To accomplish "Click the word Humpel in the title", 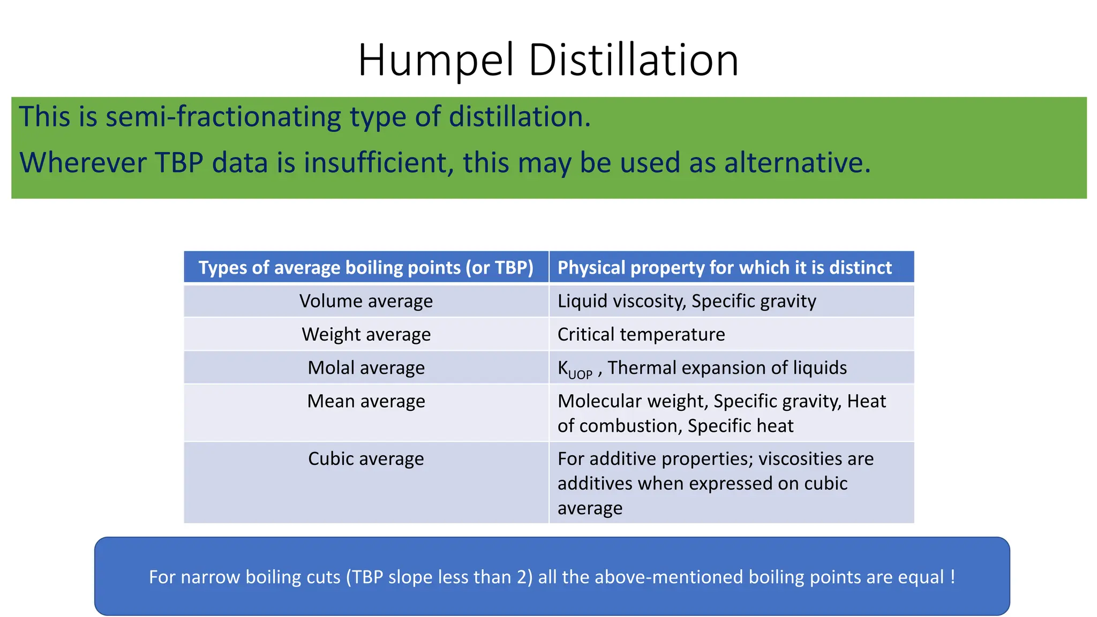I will pos(437,60).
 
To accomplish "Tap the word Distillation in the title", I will pos(634,60).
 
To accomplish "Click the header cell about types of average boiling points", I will pos(366,267).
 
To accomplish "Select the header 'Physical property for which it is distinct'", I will pos(724,267).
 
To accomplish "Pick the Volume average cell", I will pos(366,301).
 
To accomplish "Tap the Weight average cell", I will pos(366,334).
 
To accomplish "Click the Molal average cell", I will pos(366,368).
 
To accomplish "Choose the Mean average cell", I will pos(366,401).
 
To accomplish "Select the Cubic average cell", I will pos(366,459).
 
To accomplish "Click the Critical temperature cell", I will pos(641,334).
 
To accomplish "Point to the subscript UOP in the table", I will pos(580,374).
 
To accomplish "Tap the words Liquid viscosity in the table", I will pos(621,301).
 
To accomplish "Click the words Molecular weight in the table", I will pos(633,401).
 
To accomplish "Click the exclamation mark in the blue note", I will pos(952,577).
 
